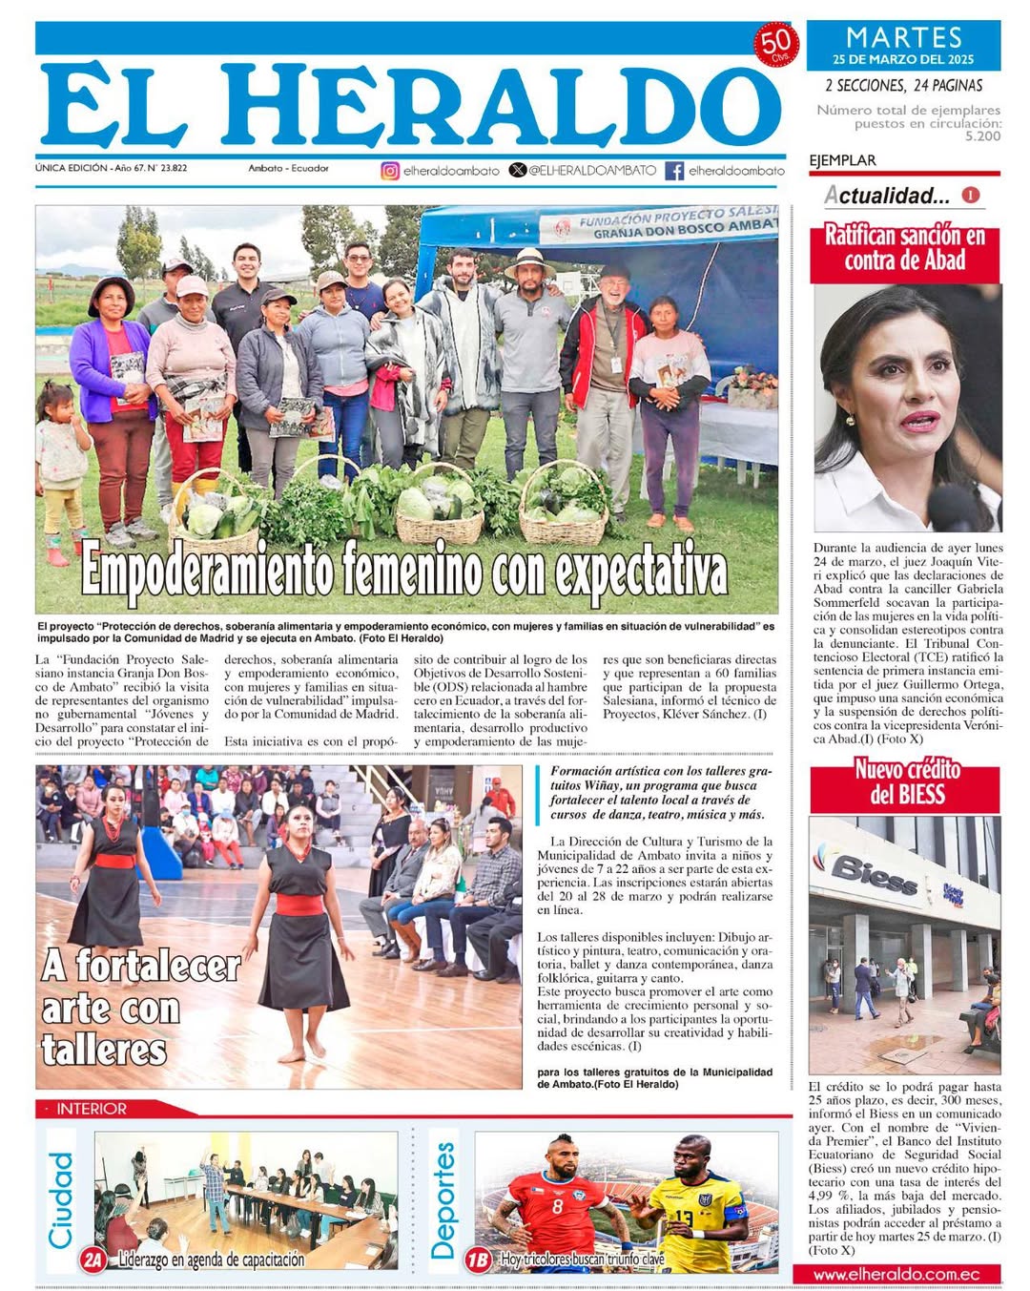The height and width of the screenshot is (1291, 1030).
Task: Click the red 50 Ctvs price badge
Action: (x=775, y=44)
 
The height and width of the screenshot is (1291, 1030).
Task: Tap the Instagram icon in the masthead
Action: (x=389, y=171)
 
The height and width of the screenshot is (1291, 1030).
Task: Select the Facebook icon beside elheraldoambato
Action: (x=674, y=171)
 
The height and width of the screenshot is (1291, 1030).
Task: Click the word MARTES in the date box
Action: (x=904, y=37)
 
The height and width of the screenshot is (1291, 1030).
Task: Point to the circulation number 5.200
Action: (x=982, y=136)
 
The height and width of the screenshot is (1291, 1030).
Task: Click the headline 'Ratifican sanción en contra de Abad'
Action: (x=905, y=248)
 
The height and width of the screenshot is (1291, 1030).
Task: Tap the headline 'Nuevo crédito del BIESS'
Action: (x=907, y=782)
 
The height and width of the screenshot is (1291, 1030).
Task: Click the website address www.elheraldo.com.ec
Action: (x=896, y=1274)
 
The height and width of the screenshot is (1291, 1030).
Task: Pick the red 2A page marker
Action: (x=93, y=1260)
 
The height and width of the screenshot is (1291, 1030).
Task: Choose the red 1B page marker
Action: (x=478, y=1260)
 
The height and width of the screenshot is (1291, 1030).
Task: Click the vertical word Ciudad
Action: (x=61, y=1200)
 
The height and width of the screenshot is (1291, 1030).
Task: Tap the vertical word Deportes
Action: (x=443, y=1200)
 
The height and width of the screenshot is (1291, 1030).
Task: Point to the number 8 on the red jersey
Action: (x=557, y=1207)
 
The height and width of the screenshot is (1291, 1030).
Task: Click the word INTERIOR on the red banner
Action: (x=92, y=1109)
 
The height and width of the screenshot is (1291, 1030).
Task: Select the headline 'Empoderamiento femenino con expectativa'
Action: (x=404, y=572)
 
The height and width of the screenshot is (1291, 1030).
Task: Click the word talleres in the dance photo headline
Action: (x=104, y=1050)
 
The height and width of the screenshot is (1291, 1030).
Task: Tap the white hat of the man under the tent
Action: (x=529, y=260)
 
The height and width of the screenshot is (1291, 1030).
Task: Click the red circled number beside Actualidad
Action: (x=971, y=195)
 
